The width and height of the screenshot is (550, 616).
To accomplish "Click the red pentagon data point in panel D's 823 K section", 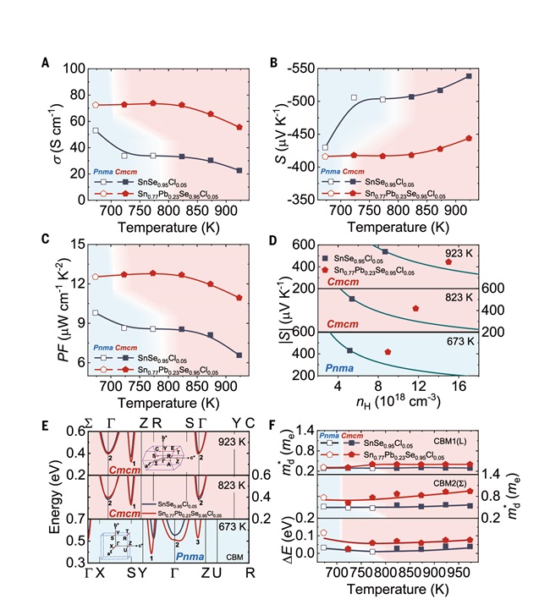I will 415,308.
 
